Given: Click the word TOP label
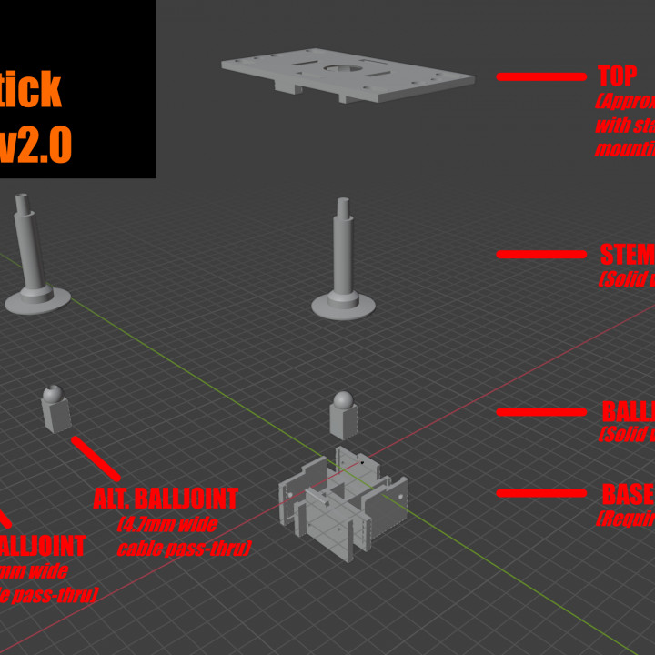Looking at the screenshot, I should [618, 76].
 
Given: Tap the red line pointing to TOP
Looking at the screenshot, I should [541, 76].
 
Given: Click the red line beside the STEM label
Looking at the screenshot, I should [541, 256].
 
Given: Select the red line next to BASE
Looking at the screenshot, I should [541, 494].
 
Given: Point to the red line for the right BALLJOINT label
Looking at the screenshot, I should [541, 412].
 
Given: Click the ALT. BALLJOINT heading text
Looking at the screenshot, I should [166, 499].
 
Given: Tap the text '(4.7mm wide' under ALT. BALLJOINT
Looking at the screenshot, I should [167, 524].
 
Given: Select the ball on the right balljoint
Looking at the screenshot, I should [343, 400].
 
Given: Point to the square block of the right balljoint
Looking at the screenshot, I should [343, 422].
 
